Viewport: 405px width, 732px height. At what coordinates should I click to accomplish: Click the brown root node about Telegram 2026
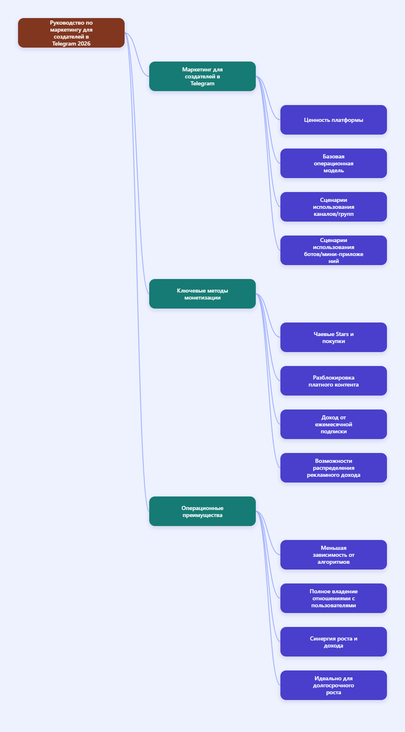71,33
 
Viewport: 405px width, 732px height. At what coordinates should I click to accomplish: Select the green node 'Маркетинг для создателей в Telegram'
202,76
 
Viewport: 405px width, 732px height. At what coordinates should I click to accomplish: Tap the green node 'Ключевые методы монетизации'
202,294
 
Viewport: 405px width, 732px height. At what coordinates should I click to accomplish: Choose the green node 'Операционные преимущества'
202,511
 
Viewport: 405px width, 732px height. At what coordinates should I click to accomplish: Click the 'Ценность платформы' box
334,120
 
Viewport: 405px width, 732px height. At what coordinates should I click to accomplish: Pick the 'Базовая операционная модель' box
334,163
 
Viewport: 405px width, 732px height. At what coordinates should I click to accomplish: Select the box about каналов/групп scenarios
334,207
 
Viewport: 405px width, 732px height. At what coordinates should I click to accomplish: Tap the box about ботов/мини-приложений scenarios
334,250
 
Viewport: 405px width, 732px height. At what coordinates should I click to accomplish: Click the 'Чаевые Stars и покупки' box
334,337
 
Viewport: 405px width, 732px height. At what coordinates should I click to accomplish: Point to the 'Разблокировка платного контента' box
334,381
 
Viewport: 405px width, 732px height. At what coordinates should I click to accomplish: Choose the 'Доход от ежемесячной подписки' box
334,424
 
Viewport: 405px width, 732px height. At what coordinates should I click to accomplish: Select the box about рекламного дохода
334,468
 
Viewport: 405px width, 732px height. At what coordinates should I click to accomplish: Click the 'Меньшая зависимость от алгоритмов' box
334,555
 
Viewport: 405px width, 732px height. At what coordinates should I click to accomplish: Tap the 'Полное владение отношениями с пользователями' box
334,598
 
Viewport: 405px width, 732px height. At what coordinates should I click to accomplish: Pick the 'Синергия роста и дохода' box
334,642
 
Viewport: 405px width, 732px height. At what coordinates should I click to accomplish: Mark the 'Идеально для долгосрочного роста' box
334,685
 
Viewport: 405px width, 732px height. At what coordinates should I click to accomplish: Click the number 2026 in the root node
84,43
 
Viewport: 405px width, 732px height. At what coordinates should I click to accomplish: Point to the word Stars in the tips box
342,334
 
